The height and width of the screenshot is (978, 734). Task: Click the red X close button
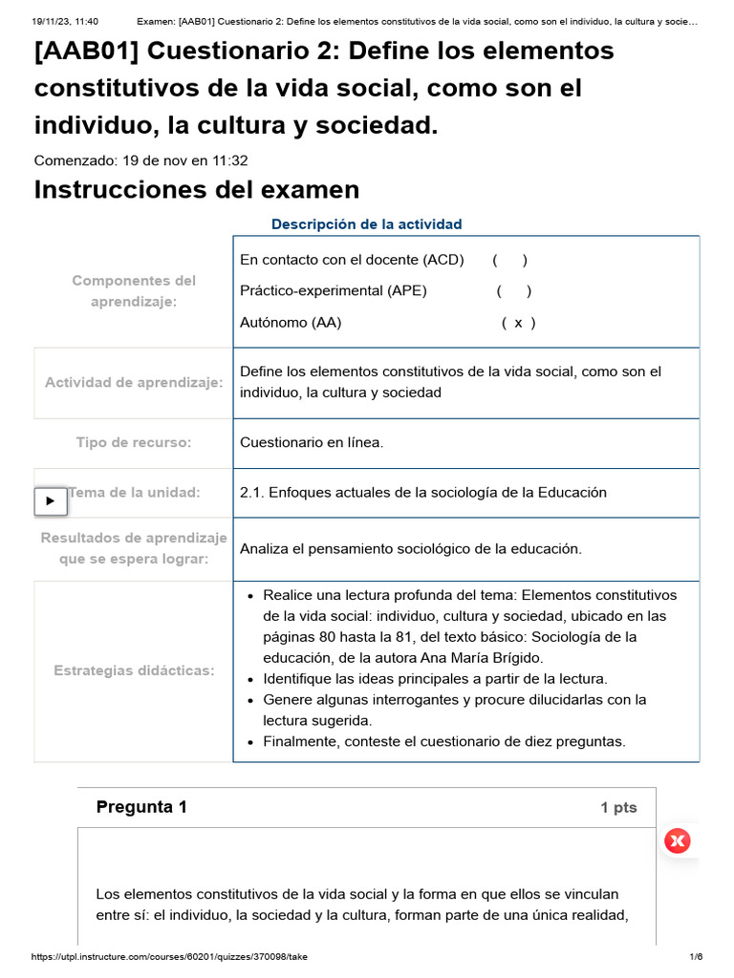coord(678,840)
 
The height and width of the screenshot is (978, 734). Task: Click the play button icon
coord(51,500)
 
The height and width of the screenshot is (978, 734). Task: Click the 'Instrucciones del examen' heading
coord(197,190)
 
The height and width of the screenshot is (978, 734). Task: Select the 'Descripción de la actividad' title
coord(366,224)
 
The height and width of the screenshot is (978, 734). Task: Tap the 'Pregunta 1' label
coord(141,807)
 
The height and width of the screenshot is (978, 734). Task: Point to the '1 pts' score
coord(618,808)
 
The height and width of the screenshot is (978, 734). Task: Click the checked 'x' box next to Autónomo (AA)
coord(518,323)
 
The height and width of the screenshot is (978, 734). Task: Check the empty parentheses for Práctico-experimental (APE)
coord(514,291)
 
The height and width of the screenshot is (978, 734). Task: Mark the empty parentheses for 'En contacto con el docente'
coord(510,260)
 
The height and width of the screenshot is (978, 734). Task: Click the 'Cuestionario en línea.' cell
coord(312,443)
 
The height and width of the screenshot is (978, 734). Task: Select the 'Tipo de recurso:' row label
coord(134,443)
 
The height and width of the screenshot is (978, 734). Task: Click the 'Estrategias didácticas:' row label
coord(134,670)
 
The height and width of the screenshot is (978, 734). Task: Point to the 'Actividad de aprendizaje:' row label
coord(134,382)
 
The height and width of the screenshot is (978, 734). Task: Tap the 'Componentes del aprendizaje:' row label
coord(134,290)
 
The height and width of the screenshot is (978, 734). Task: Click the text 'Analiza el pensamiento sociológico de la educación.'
coord(410,548)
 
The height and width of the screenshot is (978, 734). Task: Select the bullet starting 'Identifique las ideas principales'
coord(435,679)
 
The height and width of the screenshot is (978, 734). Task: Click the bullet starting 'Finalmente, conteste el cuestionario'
coord(444,742)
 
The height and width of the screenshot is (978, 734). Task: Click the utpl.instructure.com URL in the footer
coord(170,957)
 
